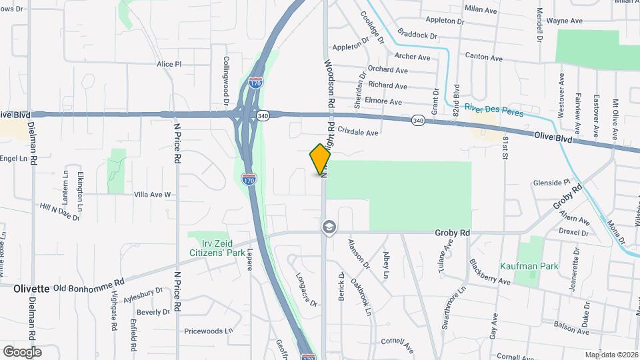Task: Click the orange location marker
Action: click(x=321, y=159)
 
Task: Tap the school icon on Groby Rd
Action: click(x=329, y=228)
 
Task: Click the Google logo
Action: click(x=22, y=351)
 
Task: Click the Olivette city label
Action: click(x=31, y=289)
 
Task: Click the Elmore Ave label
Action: click(x=385, y=102)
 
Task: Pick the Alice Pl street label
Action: click(x=169, y=64)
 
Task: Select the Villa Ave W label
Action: click(x=153, y=195)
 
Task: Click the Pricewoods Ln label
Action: click(x=208, y=330)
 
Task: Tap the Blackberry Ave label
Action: click(x=489, y=272)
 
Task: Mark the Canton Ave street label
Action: click(x=483, y=58)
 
